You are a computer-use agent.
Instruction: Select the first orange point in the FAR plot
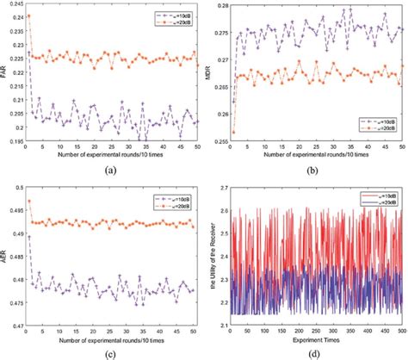[29, 16]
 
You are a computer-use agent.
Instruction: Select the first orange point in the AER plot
[29, 201]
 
